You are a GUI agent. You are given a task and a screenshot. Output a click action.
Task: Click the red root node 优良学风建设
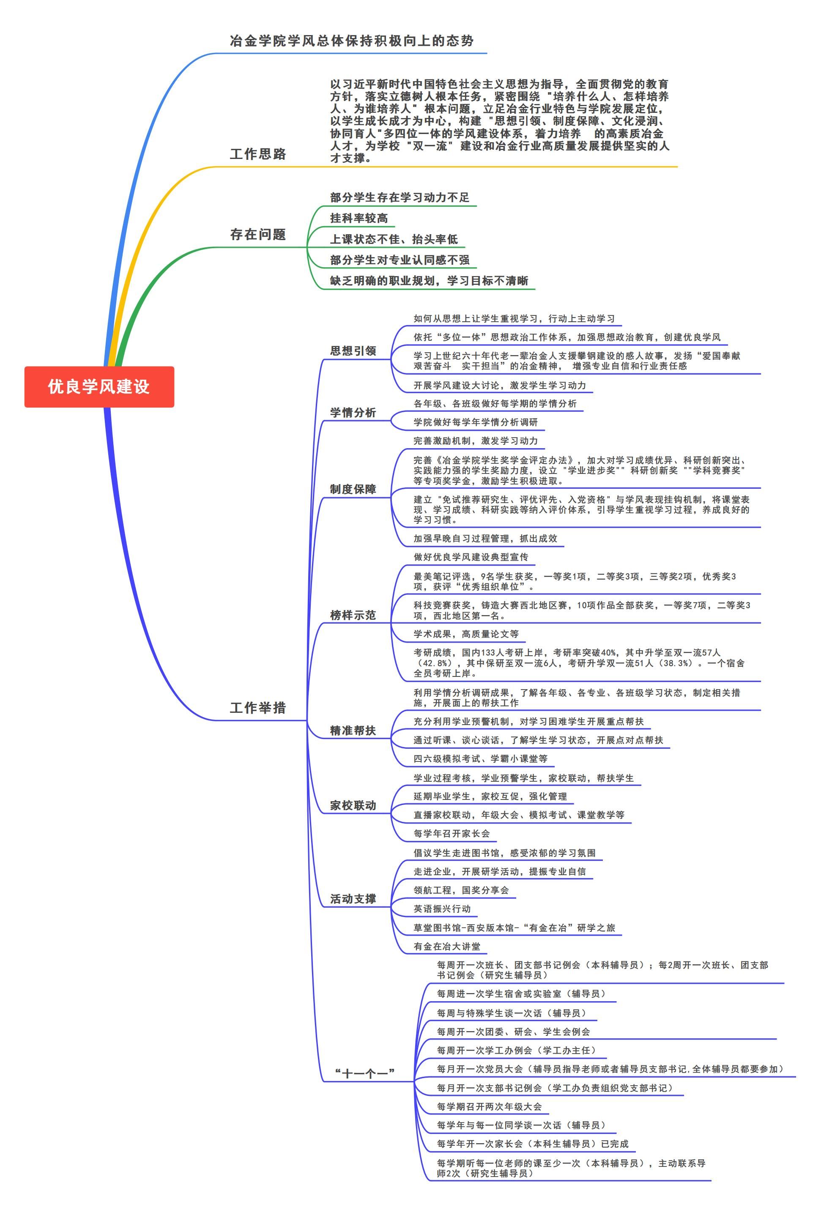pyautogui.click(x=99, y=386)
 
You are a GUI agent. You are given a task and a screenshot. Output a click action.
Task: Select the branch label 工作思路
pyautogui.click(x=258, y=154)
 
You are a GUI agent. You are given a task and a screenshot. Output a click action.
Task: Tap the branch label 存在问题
pyautogui.click(x=258, y=235)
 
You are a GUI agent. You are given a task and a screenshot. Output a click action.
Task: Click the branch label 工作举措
pyautogui.click(x=258, y=708)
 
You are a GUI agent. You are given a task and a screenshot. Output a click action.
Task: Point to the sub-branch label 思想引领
pyautogui.click(x=353, y=351)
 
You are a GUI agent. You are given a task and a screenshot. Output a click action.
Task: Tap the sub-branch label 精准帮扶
pyautogui.click(x=353, y=731)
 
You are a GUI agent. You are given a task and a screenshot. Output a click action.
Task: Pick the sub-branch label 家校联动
pyautogui.click(x=353, y=805)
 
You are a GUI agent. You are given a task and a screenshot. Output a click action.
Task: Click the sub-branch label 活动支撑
pyautogui.click(x=353, y=899)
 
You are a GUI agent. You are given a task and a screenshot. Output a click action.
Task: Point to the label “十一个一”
pyautogui.click(x=364, y=1073)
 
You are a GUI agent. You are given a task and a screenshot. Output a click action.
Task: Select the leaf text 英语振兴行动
pyautogui.click(x=442, y=909)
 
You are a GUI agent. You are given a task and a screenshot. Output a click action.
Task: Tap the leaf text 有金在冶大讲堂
pyautogui.click(x=447, y=947)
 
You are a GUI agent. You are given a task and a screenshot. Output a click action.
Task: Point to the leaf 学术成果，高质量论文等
pyautogui.click(x=466, y=634)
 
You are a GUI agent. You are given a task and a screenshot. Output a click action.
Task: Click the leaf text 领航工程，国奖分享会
pyautogui.click(x=461, y=890)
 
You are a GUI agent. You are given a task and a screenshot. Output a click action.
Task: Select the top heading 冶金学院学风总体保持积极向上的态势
pyautogui.click(x=351, y=41)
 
